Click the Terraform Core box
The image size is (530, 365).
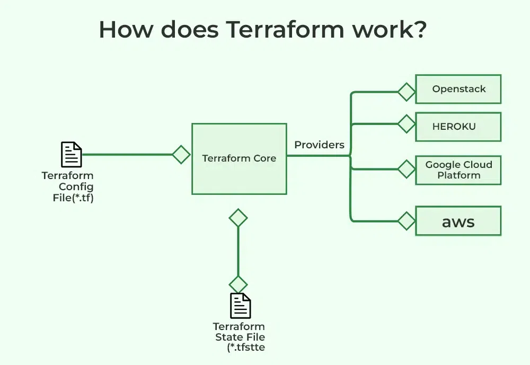[x=240, y=159]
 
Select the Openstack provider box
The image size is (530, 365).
[x=458, y=89]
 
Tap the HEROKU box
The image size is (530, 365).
[x=458, y=127]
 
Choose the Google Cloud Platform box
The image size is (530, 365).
[x=458, y=170]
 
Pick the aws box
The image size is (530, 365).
[x=458, y=221]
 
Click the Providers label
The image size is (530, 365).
[x=319, y=145]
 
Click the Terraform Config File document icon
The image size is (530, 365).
[x=72, y=155]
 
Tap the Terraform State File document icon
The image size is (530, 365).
[x=240, y=306]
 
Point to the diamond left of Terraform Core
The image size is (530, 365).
[x=181, y=155]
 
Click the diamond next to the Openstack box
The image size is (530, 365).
[x=407, y=92]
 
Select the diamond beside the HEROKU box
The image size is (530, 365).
[x=407, y=123]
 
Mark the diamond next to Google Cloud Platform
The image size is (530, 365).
[x=407, y=169]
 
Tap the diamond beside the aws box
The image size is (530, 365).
[x=407, y=221]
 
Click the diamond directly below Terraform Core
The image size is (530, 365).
[x=238, y=218]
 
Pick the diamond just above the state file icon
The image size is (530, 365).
[x=238, y=284]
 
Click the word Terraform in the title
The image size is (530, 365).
[x=285, y=30]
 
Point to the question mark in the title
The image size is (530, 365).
[x=420, y=29]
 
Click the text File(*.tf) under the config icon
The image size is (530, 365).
[x=73, y=198]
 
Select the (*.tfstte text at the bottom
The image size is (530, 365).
[x=246, y=348]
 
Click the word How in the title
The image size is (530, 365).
[x=126, y=30]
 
